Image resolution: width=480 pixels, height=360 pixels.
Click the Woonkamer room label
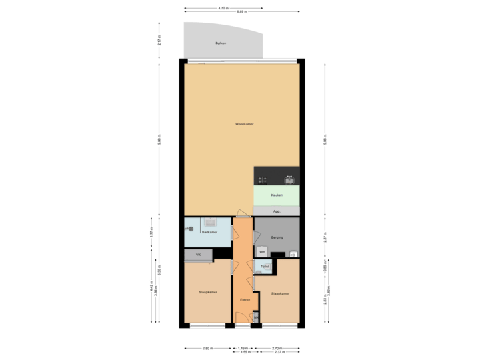coord(244,124)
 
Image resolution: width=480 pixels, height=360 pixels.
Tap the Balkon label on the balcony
coord(220,44)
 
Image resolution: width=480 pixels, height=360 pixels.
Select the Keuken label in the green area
coord(277,195)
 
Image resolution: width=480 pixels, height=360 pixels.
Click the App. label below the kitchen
coord(277,211)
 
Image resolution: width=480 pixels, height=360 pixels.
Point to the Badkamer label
coord(209,232)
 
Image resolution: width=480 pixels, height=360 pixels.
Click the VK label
coord(198,255)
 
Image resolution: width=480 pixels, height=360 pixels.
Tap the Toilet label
coord(265,266)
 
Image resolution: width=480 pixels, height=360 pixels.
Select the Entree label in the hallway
coord(245,301)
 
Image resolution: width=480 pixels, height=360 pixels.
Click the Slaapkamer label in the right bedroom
coord(280,293)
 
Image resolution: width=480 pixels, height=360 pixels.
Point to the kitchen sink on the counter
coord(289,179)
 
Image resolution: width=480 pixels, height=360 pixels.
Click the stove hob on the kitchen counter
coord(263,179)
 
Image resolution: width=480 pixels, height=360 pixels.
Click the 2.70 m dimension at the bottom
coord(277,348)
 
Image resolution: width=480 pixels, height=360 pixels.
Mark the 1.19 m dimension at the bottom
coord(243,348)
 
